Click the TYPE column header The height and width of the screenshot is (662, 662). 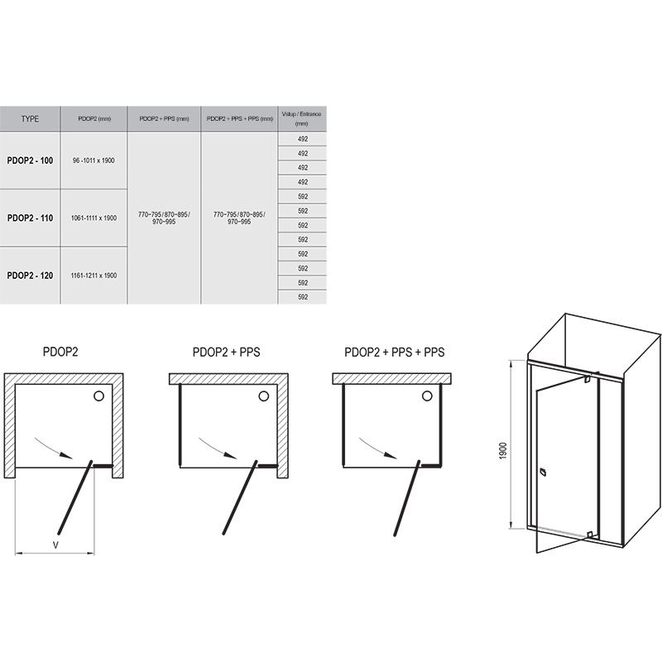[x=30, y=118]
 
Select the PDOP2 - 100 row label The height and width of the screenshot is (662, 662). [x=30, y=161]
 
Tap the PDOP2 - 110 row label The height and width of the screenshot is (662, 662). [x=30, y=218]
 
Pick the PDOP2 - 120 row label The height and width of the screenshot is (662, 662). [x=30, y=276]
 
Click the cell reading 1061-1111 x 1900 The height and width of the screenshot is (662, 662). [x=94, y=218]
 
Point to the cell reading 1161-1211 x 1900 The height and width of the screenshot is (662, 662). [x=94, y=276]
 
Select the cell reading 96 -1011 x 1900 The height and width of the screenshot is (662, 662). [x=94, y=161]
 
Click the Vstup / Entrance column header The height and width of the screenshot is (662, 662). [x=302, y=118]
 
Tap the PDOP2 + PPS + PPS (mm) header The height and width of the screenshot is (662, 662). [x=239, y=118]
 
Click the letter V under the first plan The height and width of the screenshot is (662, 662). [x=55, y=544]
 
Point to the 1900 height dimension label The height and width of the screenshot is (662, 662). [x=502, y=451]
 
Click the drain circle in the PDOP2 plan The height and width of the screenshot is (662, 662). [x=98, y=396]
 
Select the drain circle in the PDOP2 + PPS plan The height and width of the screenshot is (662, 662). [x=264, y=396]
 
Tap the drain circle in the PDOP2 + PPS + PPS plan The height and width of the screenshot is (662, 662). [x=427, y=396]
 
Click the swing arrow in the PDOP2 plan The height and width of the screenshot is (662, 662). [x=54, y=448]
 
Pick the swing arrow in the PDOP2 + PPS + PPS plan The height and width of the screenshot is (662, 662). [x=378, y=448]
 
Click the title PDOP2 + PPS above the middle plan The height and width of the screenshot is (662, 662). [x=226, y=353]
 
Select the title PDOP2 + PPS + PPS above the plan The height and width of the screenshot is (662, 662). [x=395, y=353]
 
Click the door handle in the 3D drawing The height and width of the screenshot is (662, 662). [x=543, y=472]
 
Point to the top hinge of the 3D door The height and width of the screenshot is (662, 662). [x=588, y=380]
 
